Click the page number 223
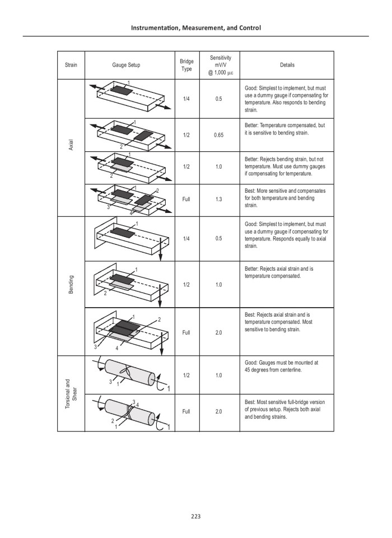(195, 516)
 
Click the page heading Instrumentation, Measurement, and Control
(195, 27)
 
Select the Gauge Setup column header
(126, 65)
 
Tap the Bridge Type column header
(186, 65)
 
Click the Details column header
(287, 65)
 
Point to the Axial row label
(71, 147)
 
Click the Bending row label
(71, 285)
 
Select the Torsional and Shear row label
(71, 393)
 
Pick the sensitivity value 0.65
(218, 135)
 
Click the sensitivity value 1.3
(218, 198)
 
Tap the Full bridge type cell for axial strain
(186, 198)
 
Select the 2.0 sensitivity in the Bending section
(218, 332)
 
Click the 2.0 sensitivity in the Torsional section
(218, 411)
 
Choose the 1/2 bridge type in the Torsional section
(186, 375)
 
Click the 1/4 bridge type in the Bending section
(186, 238)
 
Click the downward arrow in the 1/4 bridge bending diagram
(160, 249)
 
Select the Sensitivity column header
(218, 65)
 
